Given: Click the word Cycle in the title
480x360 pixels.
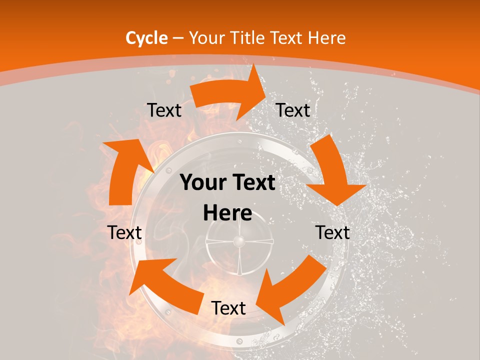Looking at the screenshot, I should [x=146, y=38].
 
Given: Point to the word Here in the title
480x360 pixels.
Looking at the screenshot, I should [x=326, y=38].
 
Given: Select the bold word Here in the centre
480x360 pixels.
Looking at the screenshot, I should [x=227, y=213].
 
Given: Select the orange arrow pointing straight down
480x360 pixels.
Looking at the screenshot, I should [x=332, y=175].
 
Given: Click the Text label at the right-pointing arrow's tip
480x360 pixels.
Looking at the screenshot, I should [x=293, y=110].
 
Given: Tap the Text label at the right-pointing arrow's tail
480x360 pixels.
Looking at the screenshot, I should [x=164, y=110].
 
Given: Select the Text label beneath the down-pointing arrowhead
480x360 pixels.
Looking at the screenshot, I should [x=332, y=232].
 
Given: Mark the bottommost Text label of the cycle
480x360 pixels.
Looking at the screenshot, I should [x=228, y=308].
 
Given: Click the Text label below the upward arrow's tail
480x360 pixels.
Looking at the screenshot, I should [x=124, y=232].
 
